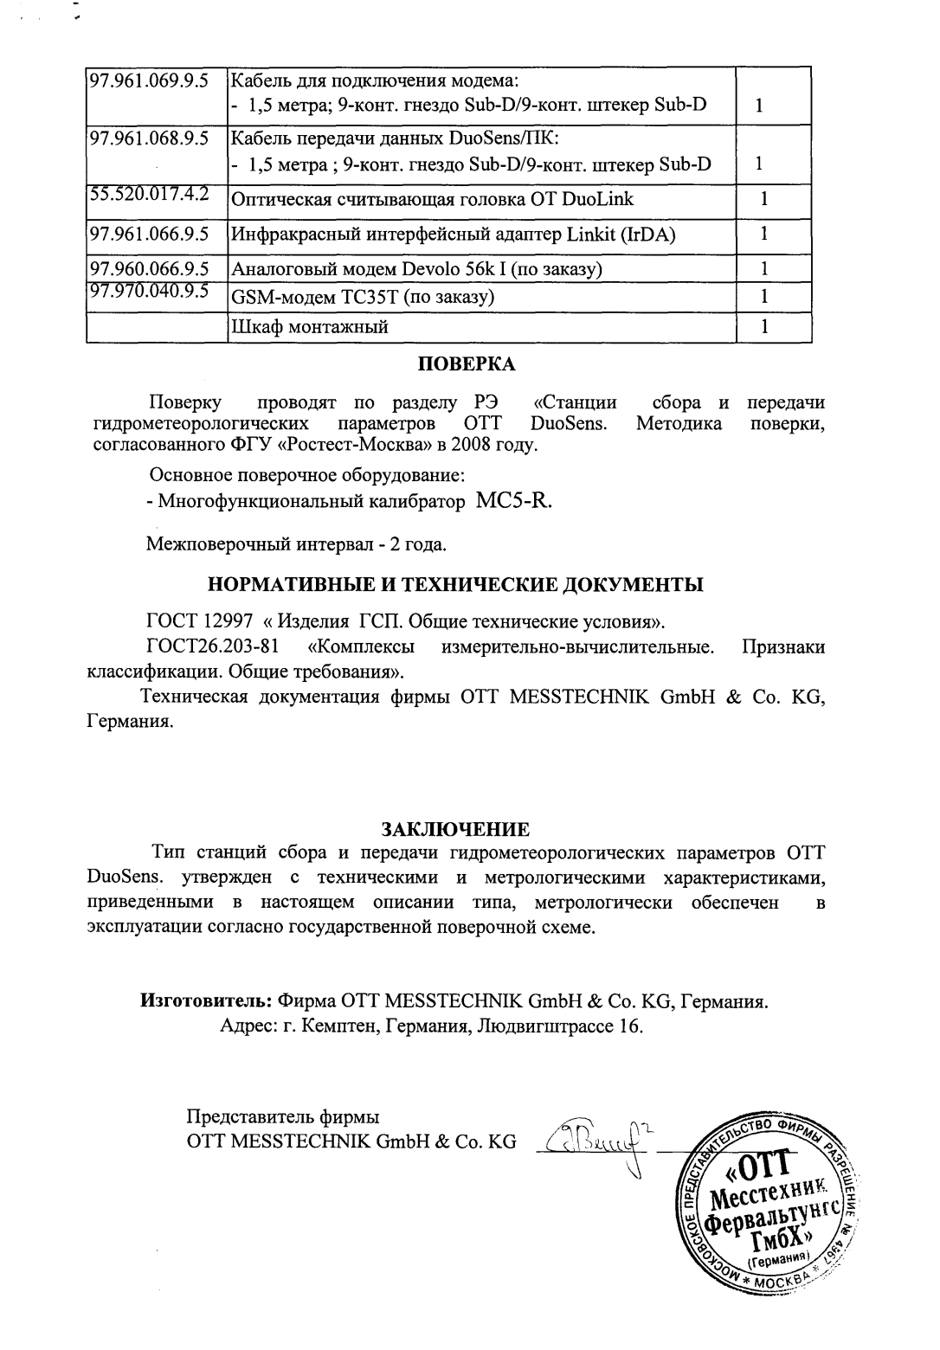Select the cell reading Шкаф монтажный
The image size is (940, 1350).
308,327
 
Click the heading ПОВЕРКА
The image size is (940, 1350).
467,364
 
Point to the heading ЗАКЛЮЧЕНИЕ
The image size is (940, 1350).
468,830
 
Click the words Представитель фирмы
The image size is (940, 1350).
283,1117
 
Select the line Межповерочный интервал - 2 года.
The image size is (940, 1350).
296,545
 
